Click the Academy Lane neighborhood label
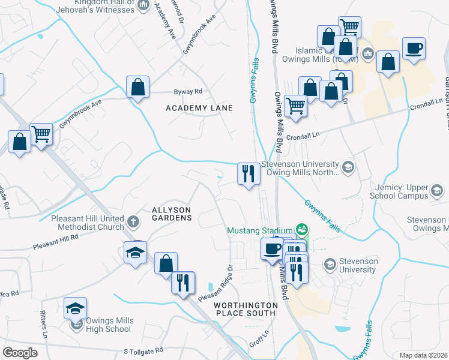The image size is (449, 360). click(199, 108)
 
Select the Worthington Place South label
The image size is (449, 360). click(246, 310)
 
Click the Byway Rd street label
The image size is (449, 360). click(188, 92)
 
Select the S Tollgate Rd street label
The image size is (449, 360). click(143, 350)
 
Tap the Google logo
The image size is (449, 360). click(20, 353)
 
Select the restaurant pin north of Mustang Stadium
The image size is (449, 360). click(249, 174)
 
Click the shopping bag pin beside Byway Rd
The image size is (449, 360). click(138, 88)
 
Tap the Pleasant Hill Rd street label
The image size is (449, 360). click(56, 241)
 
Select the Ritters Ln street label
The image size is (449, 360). click(44, 325)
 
